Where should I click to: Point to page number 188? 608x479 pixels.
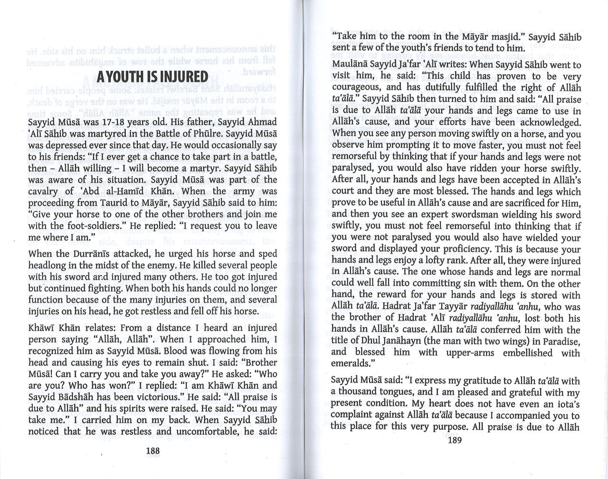[153, 451]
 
